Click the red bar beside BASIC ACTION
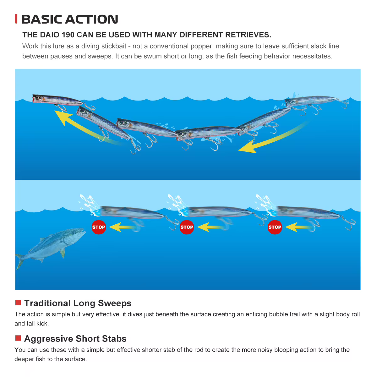pyautogui.click(x=16, y=19)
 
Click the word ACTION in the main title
pyautogui.click(x=91, y=19)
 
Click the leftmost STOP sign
pyautogui.click(x=99, y=227)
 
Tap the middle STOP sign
pyautogui.click(x=187, y=227)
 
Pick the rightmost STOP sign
pyautogui.click(x=275, y=227)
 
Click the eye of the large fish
pyautogui.click(x=74, y=232)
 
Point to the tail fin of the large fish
pyautogui.click(x=19, y=260)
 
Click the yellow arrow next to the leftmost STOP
pyautogui.click(x=122, y=227)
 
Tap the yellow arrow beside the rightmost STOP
pyautogui.click(x=298, y=227)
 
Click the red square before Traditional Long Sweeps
pyautogui.click(x=18, y=303)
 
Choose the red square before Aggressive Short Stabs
pyautogui.click(x=18, y=338)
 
